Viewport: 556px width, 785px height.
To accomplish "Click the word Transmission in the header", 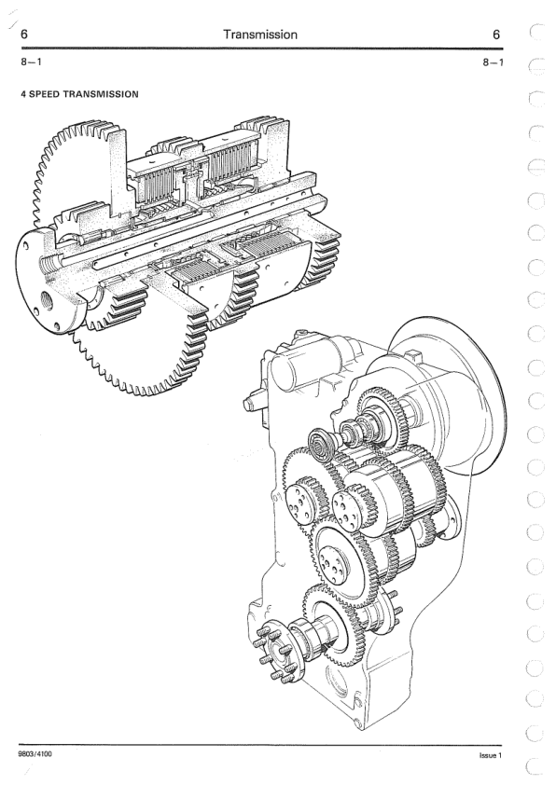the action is click(x=260, y=34).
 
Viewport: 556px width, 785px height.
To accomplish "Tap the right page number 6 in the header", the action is click(x=496, y=34).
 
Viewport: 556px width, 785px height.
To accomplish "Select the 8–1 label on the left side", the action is click(x=31, y=62).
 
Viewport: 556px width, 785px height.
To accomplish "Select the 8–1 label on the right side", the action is click(x=493, y=62).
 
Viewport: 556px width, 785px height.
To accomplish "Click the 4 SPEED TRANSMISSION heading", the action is click(x=79, y=93).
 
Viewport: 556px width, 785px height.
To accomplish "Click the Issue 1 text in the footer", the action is click(x=490, y=755).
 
